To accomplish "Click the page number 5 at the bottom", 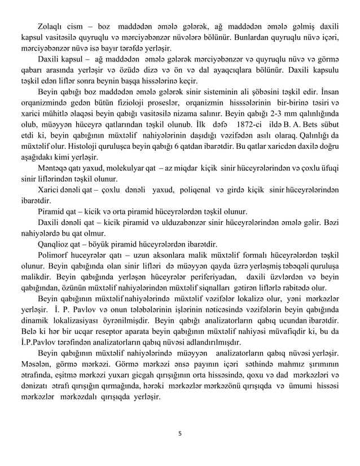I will (179, 434).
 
